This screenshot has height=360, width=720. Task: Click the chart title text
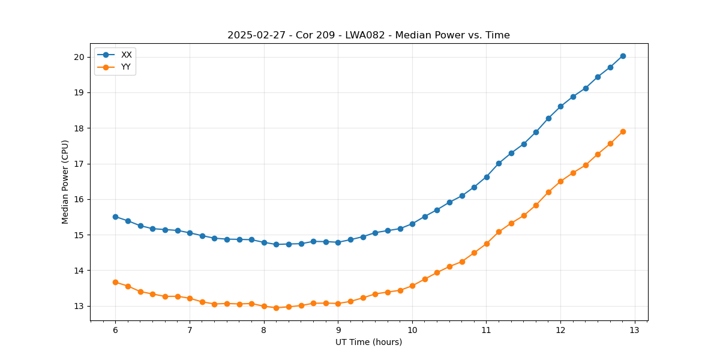coord(368,35)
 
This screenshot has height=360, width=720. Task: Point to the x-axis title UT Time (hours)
coord(368,342)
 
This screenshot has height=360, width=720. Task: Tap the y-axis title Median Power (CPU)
coord(65,182)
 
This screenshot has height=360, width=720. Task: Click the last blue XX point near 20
coord(623,56)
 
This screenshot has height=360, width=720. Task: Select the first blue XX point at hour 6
coord(115,217)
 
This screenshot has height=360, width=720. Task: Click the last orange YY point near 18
coord(623,131)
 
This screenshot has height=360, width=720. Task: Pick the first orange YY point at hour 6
coord(115,282)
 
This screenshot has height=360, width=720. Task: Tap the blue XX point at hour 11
coord(487,177)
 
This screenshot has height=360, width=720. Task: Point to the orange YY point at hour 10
coord(412,286)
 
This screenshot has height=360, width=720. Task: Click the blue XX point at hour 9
coord(338,242)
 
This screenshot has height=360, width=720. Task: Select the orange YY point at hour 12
coord(560,181)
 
